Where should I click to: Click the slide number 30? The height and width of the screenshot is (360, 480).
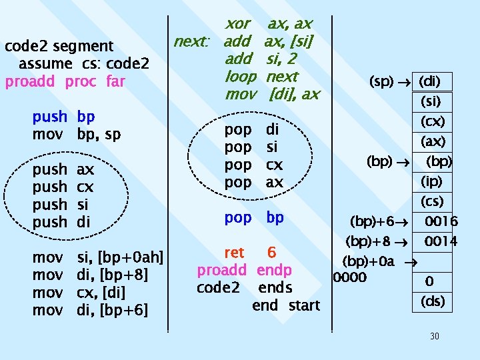[435, 336]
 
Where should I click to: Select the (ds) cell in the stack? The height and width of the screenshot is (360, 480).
[432, 301]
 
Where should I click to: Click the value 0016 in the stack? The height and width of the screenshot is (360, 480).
[441, 221]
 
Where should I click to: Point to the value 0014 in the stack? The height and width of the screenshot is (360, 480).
[441, 241]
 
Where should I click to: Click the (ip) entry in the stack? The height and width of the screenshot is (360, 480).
[432, 181]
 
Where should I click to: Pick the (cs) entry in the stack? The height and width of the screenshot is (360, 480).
[432, 201]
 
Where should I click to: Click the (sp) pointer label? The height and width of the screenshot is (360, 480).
[381, 82]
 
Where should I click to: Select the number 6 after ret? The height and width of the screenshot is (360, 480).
[271, 253]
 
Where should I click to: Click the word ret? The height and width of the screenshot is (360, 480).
[235, 253]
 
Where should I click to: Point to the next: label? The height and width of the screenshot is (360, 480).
[191, 42]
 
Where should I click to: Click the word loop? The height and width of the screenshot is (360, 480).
[241, 77]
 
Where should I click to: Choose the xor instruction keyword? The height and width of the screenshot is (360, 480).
[239, 24]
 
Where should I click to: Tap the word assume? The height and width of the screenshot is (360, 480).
[45, 64]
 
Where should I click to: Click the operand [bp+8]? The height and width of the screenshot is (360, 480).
[122, 275]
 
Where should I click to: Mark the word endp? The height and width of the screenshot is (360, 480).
[273, 271]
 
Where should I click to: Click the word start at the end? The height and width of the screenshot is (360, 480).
[304, 305]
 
